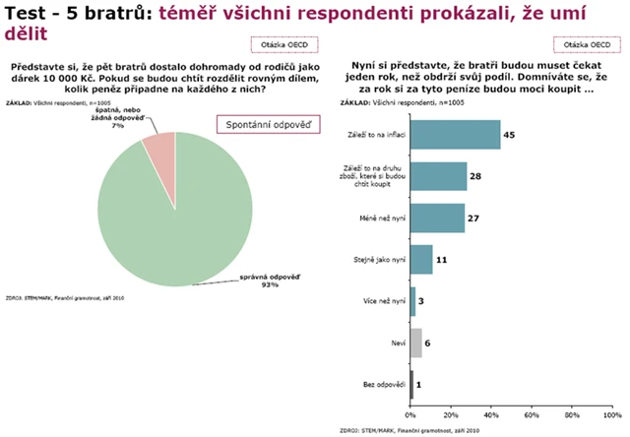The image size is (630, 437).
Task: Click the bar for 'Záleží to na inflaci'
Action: [x=456, y=133]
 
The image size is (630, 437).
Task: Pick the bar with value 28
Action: [x=439, y=175]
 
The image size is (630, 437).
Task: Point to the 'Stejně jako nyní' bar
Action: [x=422, y=259]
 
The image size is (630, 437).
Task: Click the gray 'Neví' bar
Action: [x=416, y=343]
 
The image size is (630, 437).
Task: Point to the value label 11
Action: [x=441, y=259]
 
